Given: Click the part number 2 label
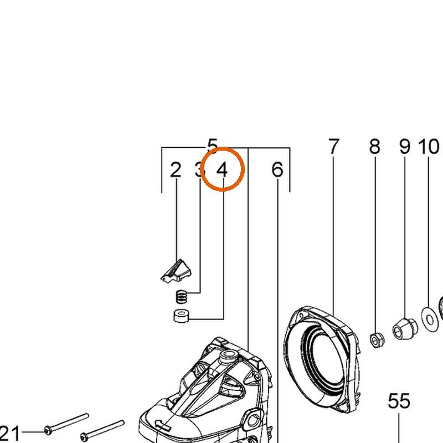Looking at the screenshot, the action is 176,170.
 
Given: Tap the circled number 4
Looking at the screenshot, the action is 222,170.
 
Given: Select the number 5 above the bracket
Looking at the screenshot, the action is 213,146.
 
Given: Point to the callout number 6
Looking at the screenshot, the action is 277,170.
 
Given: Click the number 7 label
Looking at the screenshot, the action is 334,146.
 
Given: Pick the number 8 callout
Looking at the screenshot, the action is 375,146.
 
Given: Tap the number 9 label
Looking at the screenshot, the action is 405,146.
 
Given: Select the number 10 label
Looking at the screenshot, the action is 428,146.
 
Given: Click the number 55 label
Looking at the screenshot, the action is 399,401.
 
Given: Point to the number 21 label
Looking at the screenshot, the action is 10,434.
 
